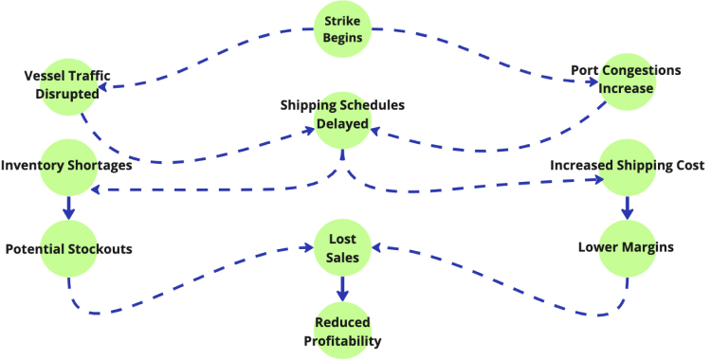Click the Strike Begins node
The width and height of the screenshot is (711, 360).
coord(342,29)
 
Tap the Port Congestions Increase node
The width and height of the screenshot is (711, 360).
coord(626,80)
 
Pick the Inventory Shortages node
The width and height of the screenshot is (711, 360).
coord(67,166)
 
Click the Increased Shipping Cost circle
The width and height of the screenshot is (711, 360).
coord(626,166)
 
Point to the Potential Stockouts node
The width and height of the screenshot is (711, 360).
coord(67,248)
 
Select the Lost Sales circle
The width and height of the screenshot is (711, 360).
coord(342,248)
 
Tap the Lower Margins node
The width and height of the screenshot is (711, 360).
coord(626,247)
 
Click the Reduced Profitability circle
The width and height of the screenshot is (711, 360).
coord(342,330)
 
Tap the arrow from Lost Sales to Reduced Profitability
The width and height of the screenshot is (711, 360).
coord(342,288)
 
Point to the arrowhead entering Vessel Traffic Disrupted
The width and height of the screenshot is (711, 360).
coord(104,87)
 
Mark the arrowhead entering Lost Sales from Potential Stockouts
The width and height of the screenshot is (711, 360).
coord(307,249)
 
